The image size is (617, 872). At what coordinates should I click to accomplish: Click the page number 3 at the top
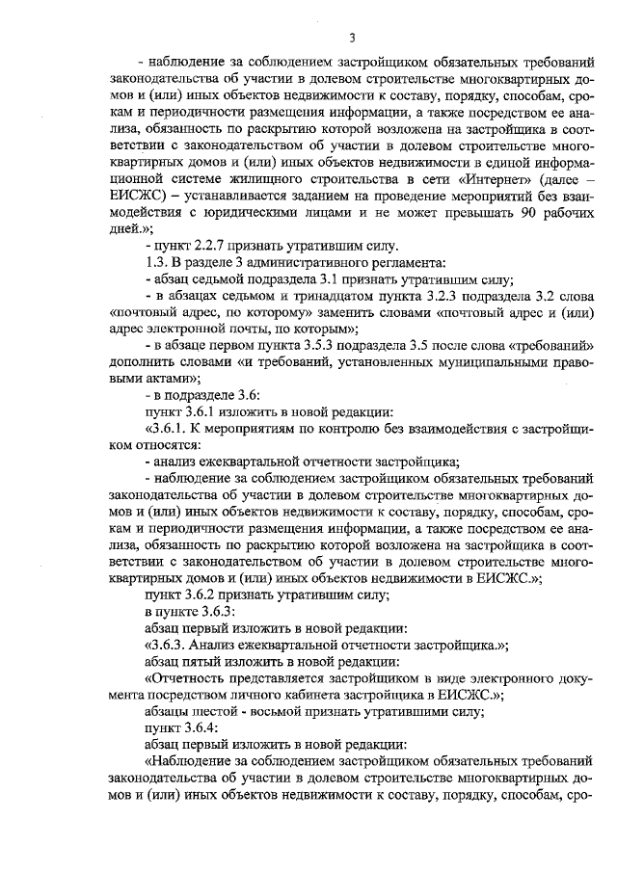(352, 39)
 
